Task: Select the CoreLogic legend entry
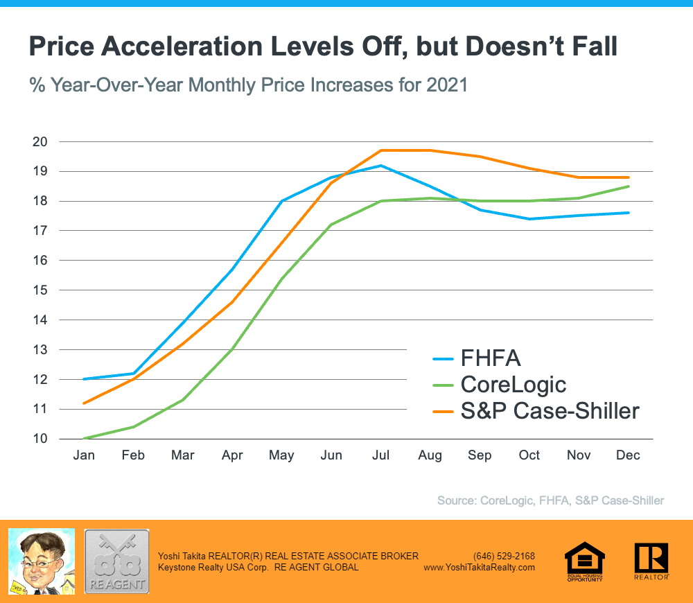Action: (514, 385)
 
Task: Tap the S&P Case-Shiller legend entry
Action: (549, 411)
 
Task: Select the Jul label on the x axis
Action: (380, 455)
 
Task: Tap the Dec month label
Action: (629, 455)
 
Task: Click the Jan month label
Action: (84, 455)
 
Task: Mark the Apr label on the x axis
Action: (232, 455)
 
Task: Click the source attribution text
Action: (550, 500)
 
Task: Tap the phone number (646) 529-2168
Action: (504, 556)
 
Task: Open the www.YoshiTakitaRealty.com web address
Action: (479, 567)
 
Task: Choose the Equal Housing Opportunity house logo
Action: (585, 560)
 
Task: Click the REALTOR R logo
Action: (651, 560)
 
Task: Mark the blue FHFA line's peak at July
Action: (380, 166)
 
